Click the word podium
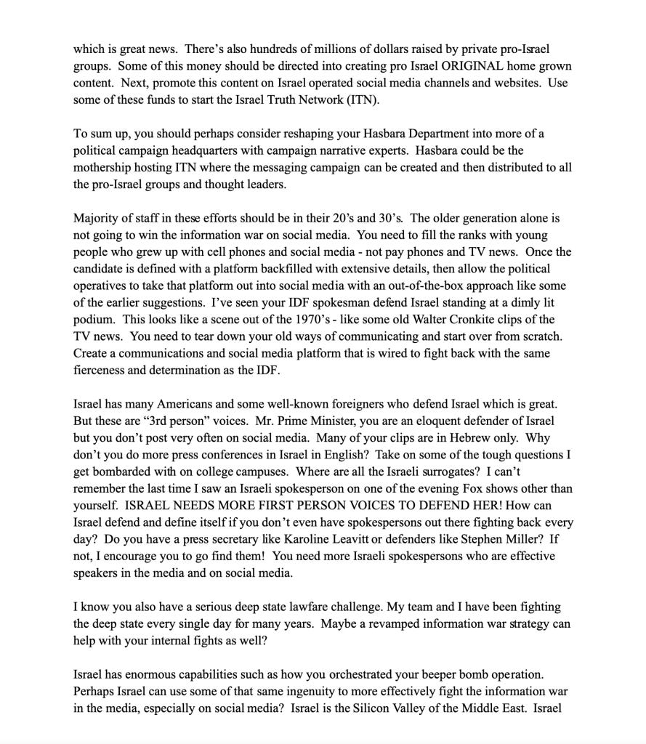click(94, 320)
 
